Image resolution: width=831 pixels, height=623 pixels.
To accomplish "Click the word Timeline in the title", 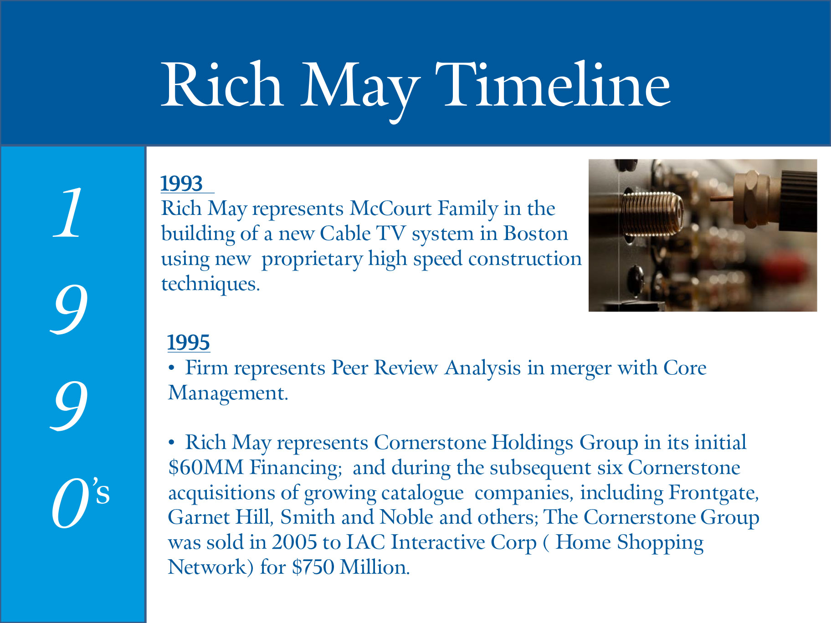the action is (553, 85).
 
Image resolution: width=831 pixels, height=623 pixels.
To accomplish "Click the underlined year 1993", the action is (182, 184).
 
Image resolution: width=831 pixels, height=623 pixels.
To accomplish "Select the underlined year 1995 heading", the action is (189, 342).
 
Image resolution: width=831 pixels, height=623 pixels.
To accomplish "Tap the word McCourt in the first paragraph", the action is (390, 208).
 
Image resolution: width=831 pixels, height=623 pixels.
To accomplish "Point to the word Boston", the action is (536, 234).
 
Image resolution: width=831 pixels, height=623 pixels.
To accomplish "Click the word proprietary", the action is (312, 260).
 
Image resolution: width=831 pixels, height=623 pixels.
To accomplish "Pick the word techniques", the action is (210, 284).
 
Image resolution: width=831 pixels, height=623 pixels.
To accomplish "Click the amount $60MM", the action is (206, 468).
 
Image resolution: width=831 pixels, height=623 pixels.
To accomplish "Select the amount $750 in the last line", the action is (313, 567).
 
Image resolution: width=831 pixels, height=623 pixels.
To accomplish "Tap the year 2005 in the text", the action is (294, 542).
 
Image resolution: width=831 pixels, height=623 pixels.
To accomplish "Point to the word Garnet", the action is (199, 517).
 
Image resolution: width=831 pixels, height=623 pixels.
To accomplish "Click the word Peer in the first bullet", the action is (350, 368).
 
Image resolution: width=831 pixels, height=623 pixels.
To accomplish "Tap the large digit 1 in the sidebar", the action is (68, 213).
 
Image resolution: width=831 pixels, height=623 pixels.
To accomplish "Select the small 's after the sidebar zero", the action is (101, 491).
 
